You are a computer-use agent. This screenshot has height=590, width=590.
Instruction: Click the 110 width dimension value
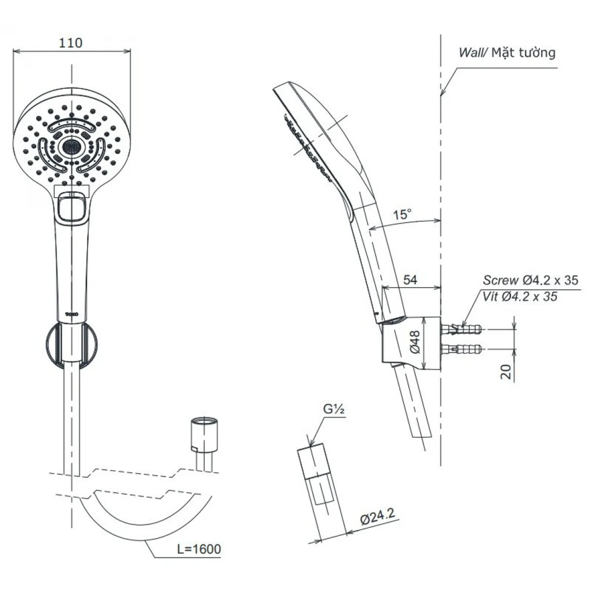[71, 43]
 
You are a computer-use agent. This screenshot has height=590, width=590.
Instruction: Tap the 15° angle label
[402, 215]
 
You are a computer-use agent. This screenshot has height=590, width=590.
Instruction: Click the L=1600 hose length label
[198, 550]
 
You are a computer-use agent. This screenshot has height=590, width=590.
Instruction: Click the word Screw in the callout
[500, 281]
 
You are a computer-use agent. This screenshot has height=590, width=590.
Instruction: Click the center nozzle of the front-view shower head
[71, 147]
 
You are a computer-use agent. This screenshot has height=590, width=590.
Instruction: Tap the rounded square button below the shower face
[71, 207]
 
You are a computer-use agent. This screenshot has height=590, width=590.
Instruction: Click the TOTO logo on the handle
[71, 313]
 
